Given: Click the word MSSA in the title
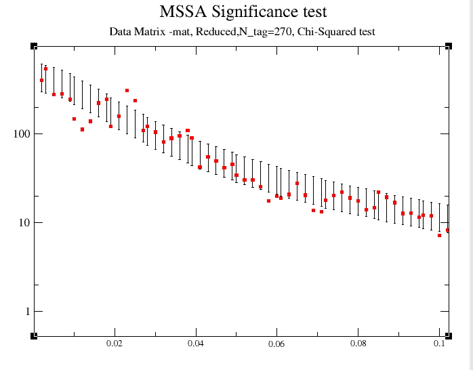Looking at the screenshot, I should click(x=180, y=12).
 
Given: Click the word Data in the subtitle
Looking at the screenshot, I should click(x=120, y=32).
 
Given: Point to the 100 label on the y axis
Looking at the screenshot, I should click(x=22, y=133).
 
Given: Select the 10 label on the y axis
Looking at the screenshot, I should click(x=24, y=222).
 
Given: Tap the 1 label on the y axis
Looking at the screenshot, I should click(x=27, y=312).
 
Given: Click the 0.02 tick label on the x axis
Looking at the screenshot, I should click(x=115, y=344).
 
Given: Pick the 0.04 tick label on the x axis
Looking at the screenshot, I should click(x=196, y=344).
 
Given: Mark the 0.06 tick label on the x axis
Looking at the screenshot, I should click(x=276, y=344).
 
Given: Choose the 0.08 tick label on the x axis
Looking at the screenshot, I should click(x=358, y=344).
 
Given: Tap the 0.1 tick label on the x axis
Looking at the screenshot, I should click(x=438, y=344).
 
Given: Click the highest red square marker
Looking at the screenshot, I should click(x=45, y=69).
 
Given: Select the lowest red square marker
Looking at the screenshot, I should click(x=439, y=235).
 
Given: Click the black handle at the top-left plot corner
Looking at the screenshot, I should click(x=34, y=46).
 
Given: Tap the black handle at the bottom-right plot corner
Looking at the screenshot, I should click(x=448, y=335).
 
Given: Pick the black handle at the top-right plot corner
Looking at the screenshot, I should click(x=448, y=46).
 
